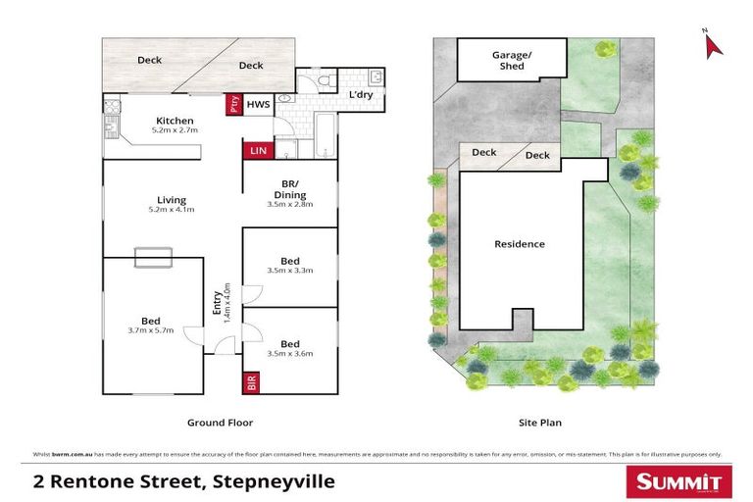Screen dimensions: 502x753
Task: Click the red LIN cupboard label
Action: point(257,150)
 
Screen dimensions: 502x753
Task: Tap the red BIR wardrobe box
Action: point(250,381)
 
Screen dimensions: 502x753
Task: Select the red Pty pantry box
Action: point(233,104)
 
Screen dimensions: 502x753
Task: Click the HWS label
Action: point(257,104)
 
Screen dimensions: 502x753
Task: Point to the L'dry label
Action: point(362,95)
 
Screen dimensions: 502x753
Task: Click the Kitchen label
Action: point(175,121)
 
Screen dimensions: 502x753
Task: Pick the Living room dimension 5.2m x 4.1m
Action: point(172,209)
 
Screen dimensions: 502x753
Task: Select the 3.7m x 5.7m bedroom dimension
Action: point(150,330)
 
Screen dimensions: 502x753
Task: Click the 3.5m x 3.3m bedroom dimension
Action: point(289,271)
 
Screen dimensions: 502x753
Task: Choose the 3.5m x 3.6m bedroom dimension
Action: point(289,354)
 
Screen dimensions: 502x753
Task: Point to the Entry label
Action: point(217,304)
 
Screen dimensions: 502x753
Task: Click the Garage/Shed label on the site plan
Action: point(512,61)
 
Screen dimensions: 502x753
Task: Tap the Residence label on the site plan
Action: point(519,244)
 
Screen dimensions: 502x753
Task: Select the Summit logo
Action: point(676,480)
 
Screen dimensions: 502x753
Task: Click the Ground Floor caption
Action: point(220,423)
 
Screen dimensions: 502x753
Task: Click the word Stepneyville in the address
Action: point(278,480)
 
